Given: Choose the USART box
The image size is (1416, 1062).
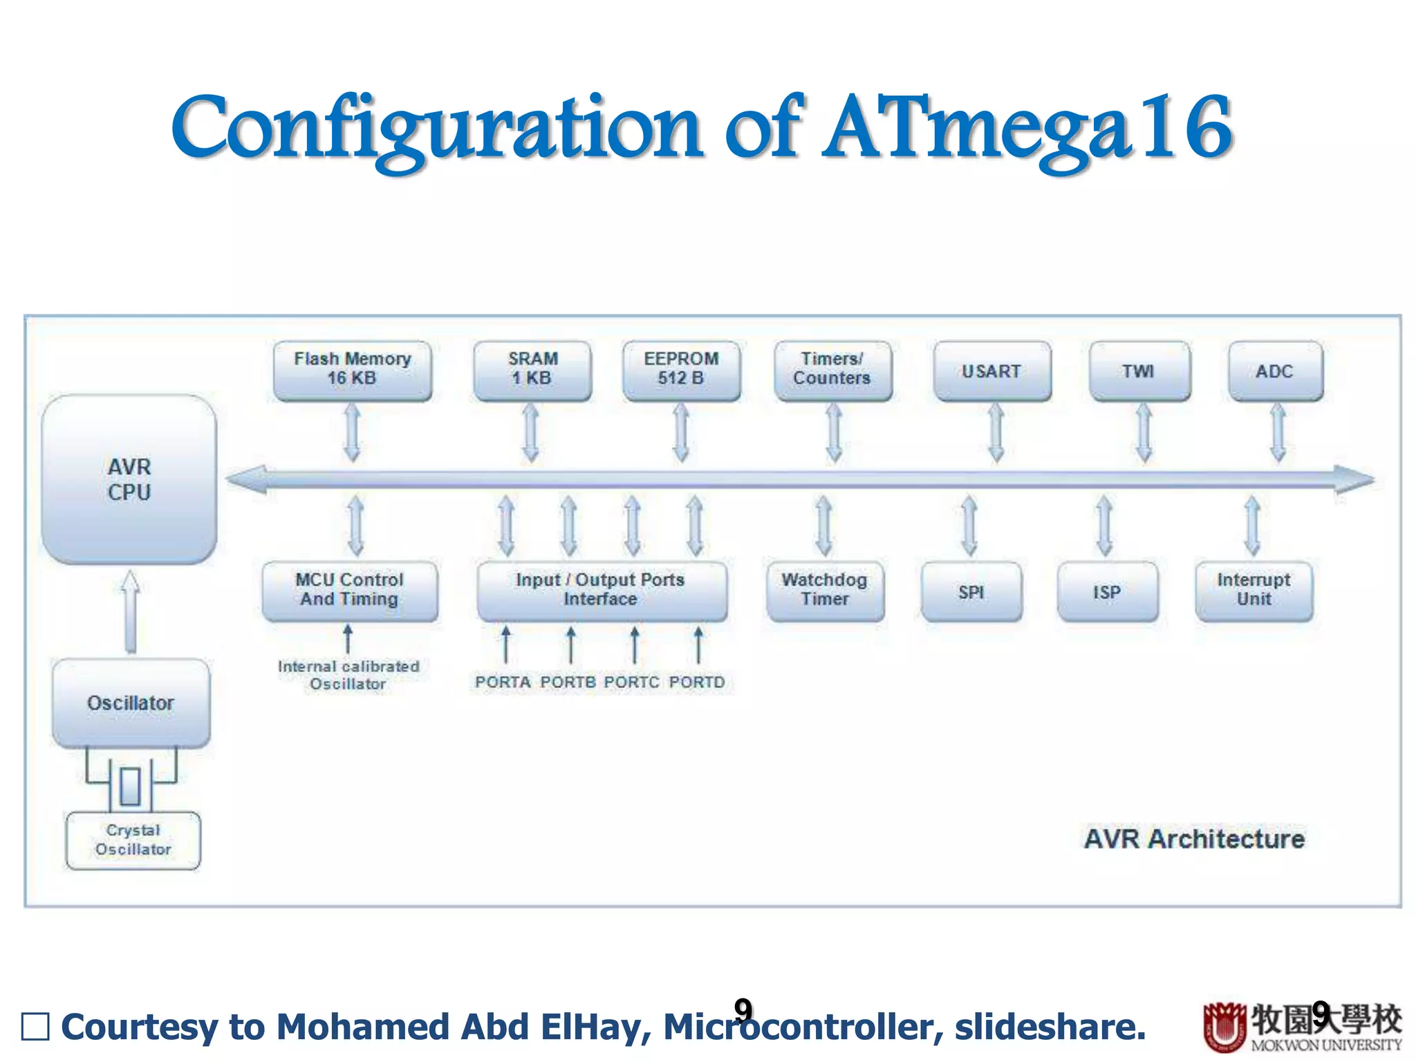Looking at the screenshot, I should [x=991, y=371].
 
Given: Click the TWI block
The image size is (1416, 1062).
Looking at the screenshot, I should [x=1139, y=371].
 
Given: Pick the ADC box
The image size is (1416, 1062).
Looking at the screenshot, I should [x=1275, y=371].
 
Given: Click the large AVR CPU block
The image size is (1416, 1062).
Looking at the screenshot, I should [x=129, y=479].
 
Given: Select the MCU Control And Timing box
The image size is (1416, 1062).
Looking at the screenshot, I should [x=350, y=590].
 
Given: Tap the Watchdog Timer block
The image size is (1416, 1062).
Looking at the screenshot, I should [x=825, y=590].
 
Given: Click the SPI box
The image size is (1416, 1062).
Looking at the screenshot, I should [x=971, y=592].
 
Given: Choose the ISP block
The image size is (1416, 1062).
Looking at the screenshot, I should [x=1107, y=592].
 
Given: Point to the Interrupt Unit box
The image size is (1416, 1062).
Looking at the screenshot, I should [x=1254, y=590].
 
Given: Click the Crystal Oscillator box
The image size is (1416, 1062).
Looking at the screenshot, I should [x=133, y=840].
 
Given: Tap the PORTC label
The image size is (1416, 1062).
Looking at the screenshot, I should [x=631, y=682].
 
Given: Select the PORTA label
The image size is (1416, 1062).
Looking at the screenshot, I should [x=503, y=682].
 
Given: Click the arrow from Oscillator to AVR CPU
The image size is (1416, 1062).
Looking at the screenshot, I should [x=130, y=611].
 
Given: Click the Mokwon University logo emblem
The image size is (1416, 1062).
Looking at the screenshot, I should [x=1224, y=1026].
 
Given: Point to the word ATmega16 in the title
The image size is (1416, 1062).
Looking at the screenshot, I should [x=1027, y=128].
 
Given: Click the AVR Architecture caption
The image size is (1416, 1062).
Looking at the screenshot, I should [x=1194, y=839].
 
